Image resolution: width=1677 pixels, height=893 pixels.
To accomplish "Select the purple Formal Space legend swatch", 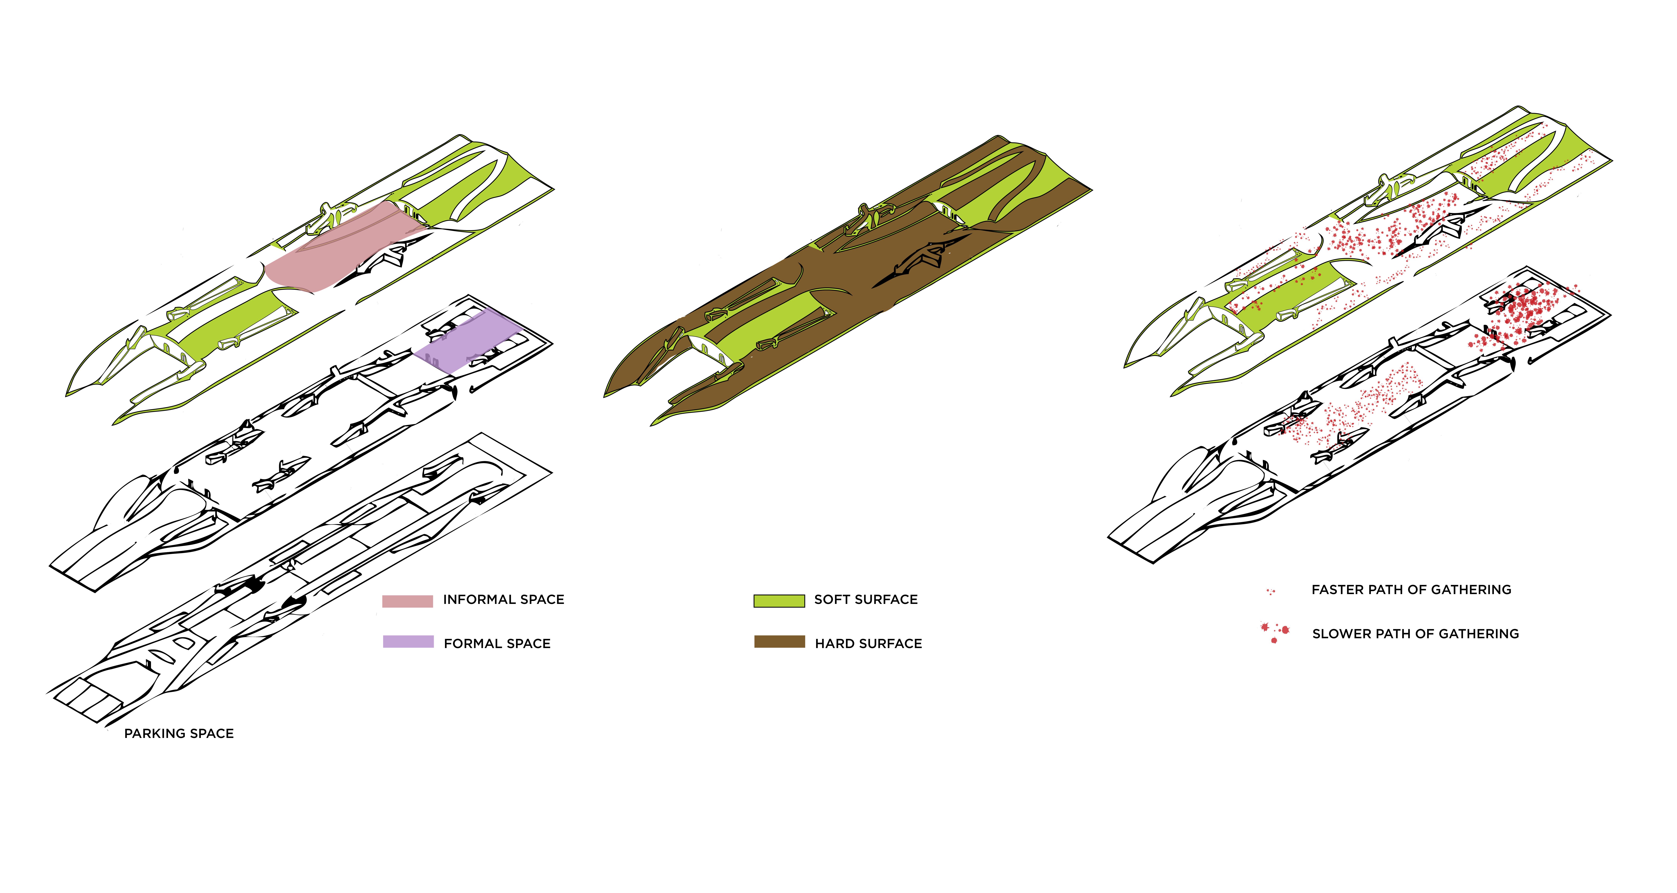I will point(408,642).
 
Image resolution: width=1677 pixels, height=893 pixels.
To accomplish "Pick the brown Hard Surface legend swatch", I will point(779,642).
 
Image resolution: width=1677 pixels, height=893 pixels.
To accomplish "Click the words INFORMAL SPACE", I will point(503,599).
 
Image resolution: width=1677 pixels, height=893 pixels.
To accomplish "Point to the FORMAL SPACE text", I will point(497,644).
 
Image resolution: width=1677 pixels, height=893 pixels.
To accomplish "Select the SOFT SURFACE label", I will point(866,599).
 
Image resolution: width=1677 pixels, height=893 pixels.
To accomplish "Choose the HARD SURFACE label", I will point(869,644).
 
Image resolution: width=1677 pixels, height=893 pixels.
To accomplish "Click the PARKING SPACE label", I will point(179,734).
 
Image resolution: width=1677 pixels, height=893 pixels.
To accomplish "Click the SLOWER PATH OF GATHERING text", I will point(1415,634).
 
